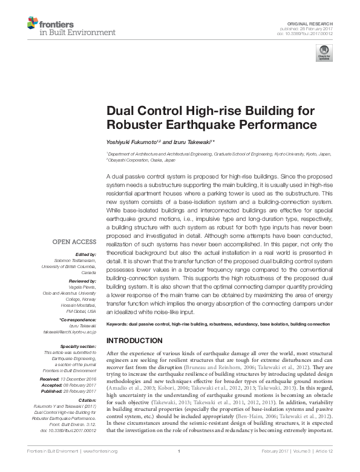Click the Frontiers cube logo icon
point(32,24)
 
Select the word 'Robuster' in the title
point(134,125)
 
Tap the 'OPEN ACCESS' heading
point(75,242)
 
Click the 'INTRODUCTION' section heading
point(136,340)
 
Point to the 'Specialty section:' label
point(79,346)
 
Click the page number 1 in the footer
point(180,468)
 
